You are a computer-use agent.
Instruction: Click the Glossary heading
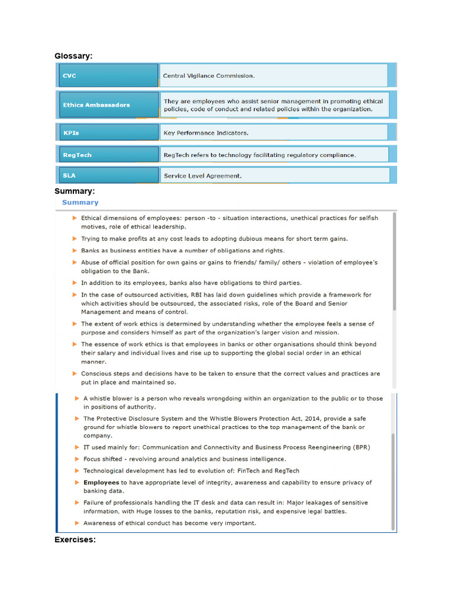(x=73, y=56)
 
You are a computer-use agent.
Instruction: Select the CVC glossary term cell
(x=108, y=76)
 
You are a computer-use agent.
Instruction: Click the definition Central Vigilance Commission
(x=209, y=76)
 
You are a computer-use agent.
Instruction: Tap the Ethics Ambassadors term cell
(x=108, y=105)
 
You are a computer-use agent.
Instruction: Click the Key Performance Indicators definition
(x=206, y=133)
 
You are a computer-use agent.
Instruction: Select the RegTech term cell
(x=108, y=156)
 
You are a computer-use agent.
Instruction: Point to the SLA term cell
(x=108, y=175)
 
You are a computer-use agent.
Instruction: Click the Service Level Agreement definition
(x=203, y=175)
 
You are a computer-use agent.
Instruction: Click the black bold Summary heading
(x=75, y=191)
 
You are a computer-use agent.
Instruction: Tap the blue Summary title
(x=80, y=202)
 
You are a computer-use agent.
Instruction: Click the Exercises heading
(x=75, y=539)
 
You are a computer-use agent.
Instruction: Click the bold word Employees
(x=101, y=482)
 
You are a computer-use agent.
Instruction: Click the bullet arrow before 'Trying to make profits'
(x=75, y=239)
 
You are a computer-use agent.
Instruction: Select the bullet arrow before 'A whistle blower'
(x=77, y=399)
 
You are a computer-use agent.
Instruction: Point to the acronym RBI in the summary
(x=193, y=295)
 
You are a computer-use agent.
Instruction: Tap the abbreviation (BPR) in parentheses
(x=361, y=447)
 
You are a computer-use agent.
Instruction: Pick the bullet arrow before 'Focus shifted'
(x=77, y=459)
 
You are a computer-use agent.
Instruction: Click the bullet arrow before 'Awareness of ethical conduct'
(x=77, y=523)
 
